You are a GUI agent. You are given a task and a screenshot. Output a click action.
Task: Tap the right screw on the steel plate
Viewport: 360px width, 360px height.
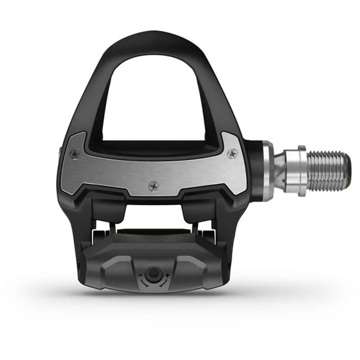232,155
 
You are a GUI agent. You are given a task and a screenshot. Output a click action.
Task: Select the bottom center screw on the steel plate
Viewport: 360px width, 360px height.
154,184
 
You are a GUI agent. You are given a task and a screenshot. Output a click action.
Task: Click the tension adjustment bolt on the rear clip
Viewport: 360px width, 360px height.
154,273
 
